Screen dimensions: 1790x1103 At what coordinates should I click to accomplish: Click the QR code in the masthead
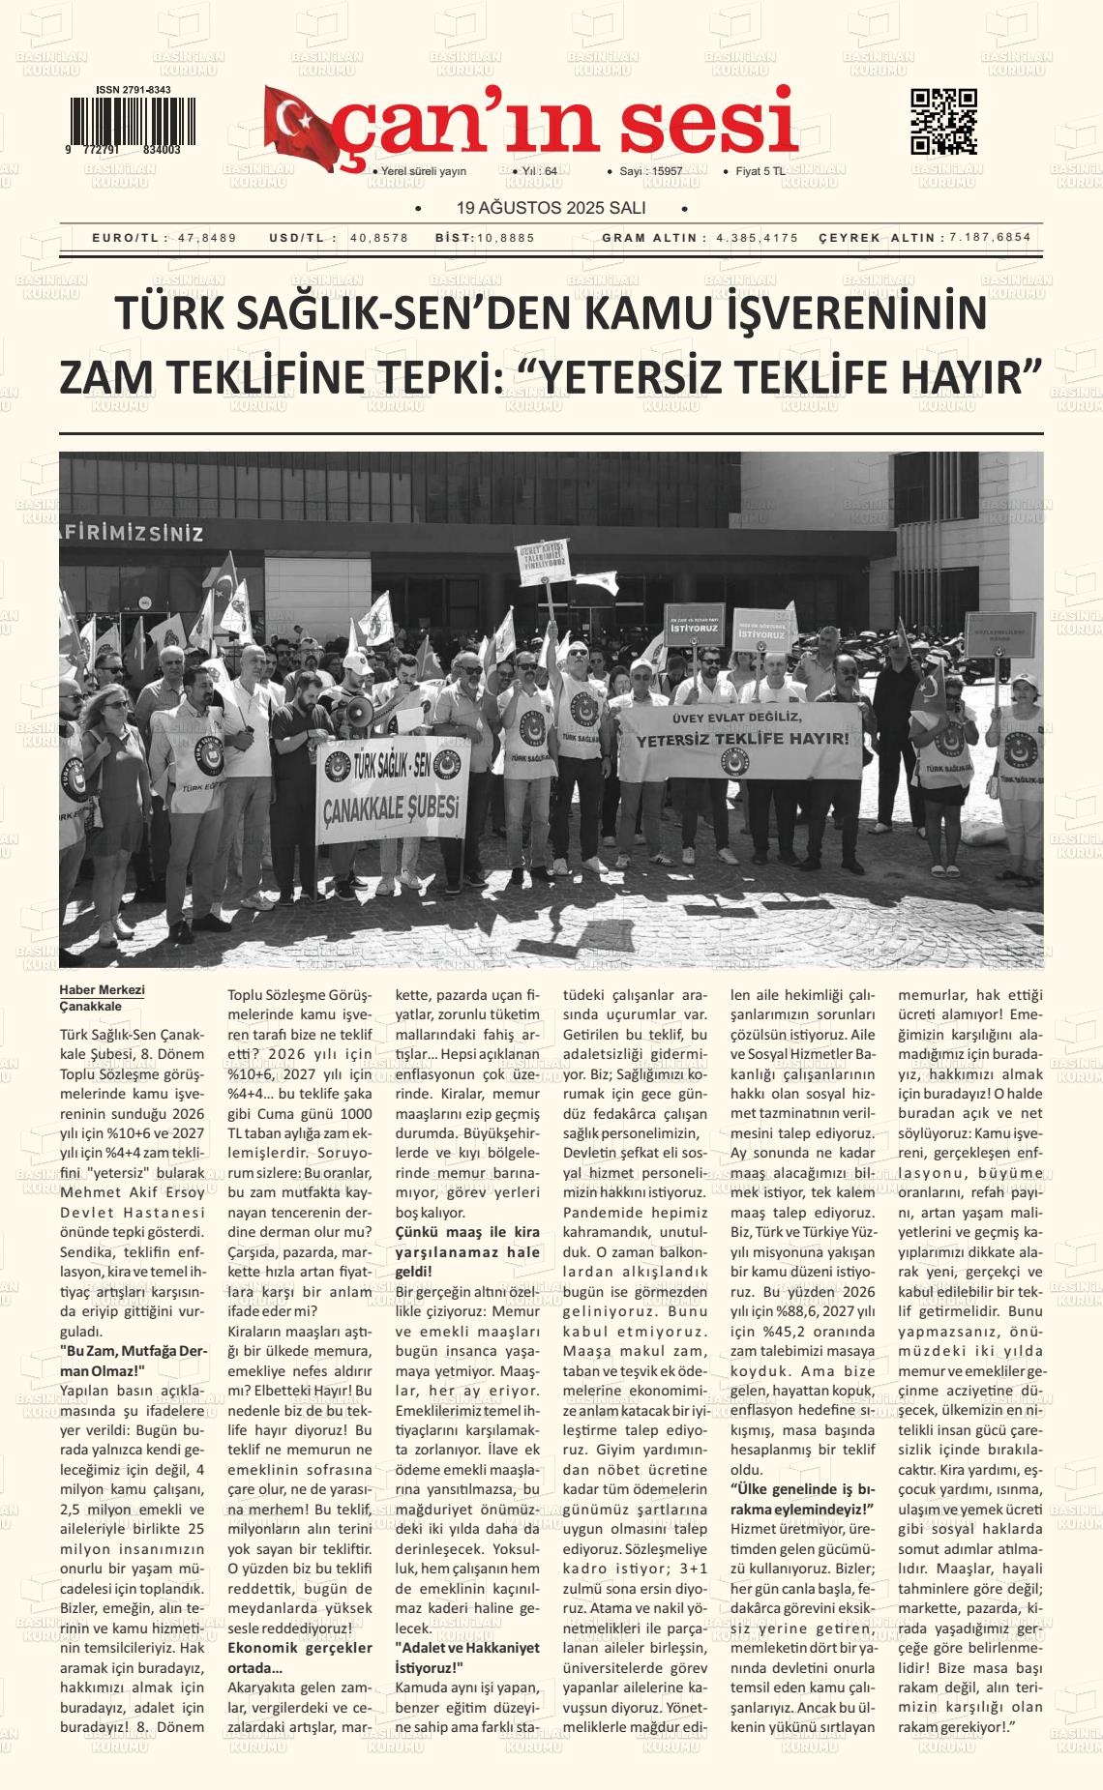(x=943, y=122)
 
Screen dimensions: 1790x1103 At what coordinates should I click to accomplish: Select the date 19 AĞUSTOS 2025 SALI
(x=551, y=208)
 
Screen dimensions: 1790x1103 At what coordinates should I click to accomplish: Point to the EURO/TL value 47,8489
(x=207, y=238)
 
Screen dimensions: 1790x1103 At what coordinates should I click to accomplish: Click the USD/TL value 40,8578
(x=378, y=238)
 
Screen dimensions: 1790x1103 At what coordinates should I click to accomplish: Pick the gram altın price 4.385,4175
(x=758, y=238)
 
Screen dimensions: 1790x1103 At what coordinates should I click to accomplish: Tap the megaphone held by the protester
(x=360, y=714)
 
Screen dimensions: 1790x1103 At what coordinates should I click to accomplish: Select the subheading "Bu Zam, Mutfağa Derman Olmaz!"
(x=133, y=1360)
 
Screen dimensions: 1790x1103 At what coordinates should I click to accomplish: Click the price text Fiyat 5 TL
(x=760, y=171)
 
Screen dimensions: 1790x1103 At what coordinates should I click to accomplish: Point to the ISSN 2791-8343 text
(x=134, y=90)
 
